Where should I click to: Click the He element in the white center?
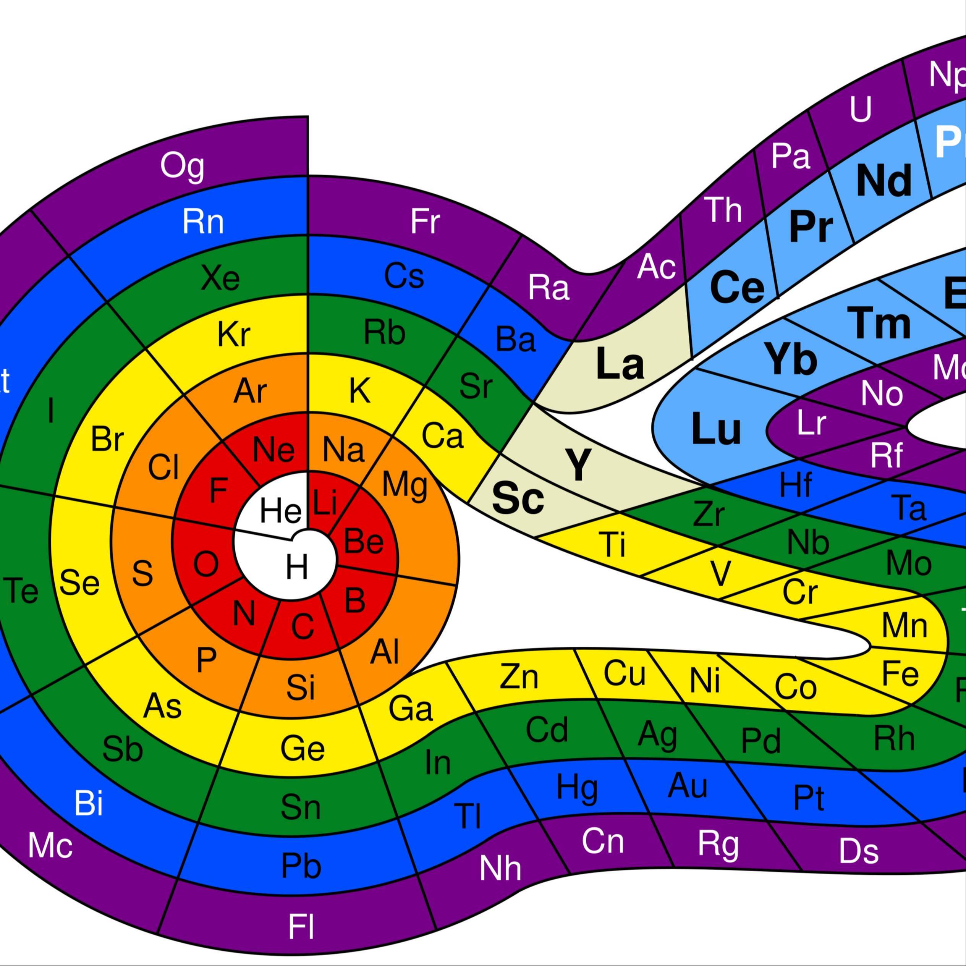coord(280,511)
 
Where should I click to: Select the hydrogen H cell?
coord(296,568)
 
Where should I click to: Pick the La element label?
coord(620,364)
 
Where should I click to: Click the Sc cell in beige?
coord(518,498)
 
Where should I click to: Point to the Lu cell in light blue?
coord(715,429)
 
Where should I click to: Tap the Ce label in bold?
coord(737,288)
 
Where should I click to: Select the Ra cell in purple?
coord(549,288)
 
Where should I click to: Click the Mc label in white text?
coord(50,845)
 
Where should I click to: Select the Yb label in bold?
coord(791,359)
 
